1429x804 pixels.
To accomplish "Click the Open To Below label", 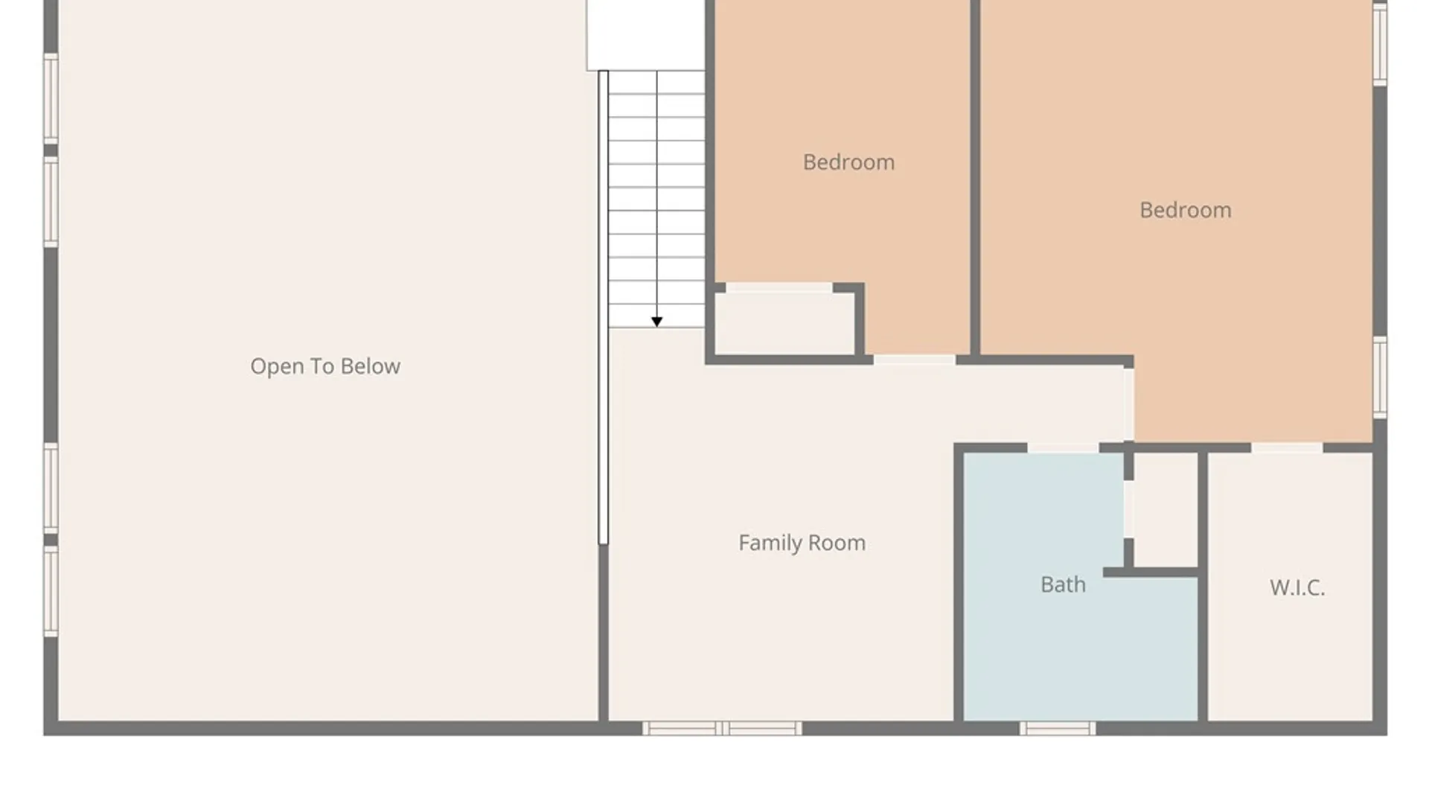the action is [325, 366].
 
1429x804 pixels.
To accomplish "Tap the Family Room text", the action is [802, 543].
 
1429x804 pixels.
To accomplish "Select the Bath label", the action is [1063, 584].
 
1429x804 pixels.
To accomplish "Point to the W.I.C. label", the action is [1297, 587].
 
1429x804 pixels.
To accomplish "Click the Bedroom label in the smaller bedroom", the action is [848, 162].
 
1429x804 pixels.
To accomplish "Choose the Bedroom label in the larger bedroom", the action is [1186, 210].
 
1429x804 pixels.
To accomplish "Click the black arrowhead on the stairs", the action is [656, 322].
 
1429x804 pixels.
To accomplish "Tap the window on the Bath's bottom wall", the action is [1058, 728].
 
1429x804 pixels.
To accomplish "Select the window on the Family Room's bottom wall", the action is [722, 728].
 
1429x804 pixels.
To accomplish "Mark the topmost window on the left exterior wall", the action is [51, 98].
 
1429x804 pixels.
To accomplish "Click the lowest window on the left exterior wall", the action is [51, 591].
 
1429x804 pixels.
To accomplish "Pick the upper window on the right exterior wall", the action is [1380, 45].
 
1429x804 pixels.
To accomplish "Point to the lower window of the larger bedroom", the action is [1380, 377].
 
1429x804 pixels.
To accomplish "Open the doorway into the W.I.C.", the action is [1287, 447].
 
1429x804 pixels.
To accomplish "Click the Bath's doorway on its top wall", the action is [1063, 447].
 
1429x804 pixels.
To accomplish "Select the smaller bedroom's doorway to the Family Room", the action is [914, 360].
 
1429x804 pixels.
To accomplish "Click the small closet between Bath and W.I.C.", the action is [1166, 510].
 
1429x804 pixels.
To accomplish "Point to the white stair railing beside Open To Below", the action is [604, 307].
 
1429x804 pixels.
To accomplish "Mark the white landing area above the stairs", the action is [645, 35].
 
